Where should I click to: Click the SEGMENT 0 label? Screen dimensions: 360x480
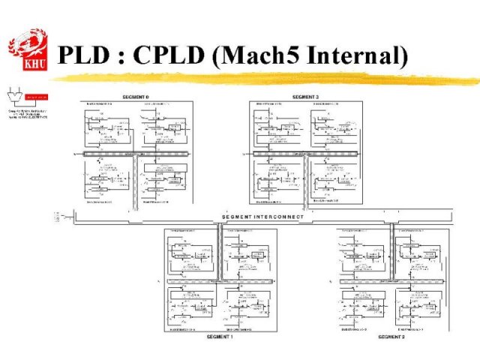coord(136,97)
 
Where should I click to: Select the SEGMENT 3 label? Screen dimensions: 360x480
coord(306,97)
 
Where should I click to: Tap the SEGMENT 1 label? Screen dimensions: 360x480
coord(220,337)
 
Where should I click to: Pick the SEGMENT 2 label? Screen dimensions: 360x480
coord(391,337)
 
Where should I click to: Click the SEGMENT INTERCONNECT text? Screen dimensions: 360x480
coord(263,217)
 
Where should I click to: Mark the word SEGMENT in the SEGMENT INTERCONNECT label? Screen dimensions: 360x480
coord(238,217)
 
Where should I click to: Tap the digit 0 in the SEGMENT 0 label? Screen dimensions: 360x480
coord(148,97)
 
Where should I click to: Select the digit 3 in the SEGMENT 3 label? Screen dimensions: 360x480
coord(318,97)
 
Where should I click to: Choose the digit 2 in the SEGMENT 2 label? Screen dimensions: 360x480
coord(403,337)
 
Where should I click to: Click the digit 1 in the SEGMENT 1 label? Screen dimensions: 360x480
coord(232,337)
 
